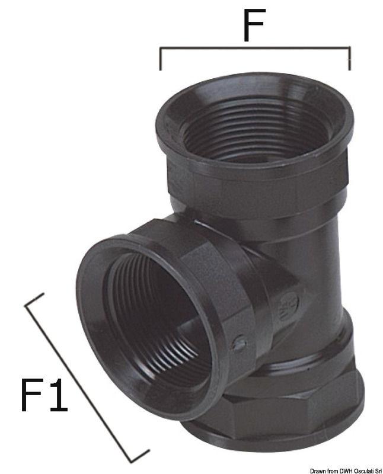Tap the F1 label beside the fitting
pyautogui.click(x=44, y=395)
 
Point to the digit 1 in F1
pyautogui.click(x=58, y=395)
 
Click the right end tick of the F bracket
pyautogui.click(x=350, y=59)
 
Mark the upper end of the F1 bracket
pyautogui.click(x=34, y=300)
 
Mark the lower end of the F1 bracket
pyautogui.click(x=140, y=457)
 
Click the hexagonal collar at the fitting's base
pyautogui.click(x=308, y=409)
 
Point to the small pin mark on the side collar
pyautogui.click(x=238, y=343)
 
